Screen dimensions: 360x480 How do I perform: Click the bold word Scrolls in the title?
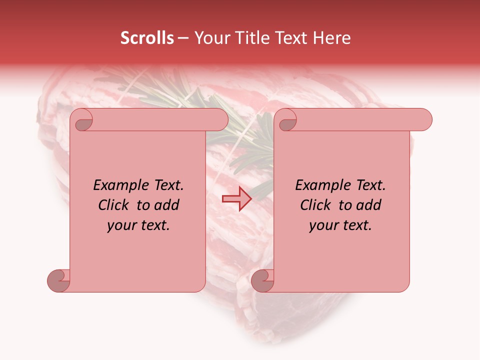[147, 38]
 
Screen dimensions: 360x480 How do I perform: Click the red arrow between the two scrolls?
[237, 198]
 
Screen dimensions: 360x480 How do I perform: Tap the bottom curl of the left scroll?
[58, 280]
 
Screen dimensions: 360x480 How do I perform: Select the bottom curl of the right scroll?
[262, 280]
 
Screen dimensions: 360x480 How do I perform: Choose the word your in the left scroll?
[122, 225]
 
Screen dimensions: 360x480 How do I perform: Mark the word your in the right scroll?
[324, 225]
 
